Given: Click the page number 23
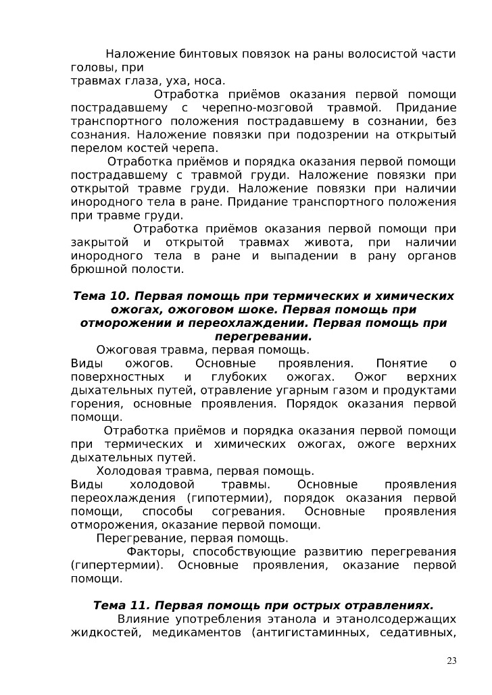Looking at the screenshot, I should pyautogui.click(x=451, y=660).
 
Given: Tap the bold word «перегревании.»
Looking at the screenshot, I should pyautogui.click(x=263, y=336).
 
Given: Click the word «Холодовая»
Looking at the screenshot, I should pyautogui.click(x=128, y=471).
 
